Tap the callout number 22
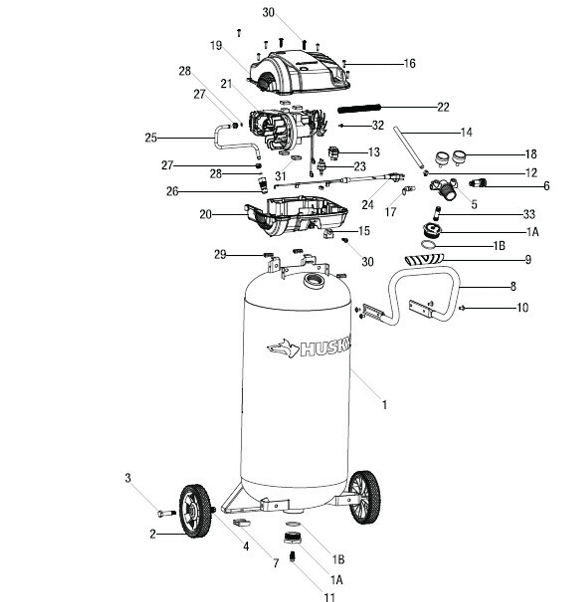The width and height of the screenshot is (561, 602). pos(443,107)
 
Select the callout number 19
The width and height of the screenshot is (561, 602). pos(216,46)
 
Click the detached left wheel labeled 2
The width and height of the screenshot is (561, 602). pos(195,511)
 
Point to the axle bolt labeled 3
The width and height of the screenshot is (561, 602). pos(166,513)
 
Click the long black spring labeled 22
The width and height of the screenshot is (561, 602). pos(359,107)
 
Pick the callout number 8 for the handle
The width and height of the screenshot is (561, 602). pos(513,286)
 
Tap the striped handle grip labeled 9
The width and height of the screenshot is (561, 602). pos(423,258)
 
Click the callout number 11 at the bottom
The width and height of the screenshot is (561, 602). pos(330,596)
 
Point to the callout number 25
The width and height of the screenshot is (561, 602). pos(151,138)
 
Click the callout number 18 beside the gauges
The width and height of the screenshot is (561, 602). pos(531,154)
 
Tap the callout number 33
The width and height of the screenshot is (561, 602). pos(529,214)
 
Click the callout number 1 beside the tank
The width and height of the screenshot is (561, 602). pos(384,405)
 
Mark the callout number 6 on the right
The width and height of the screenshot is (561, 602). pos(547,186)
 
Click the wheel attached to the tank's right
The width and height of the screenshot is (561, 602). pos(365,497)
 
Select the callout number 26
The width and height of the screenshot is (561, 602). pos(172,191)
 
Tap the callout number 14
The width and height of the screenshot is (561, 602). pos(466,132)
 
